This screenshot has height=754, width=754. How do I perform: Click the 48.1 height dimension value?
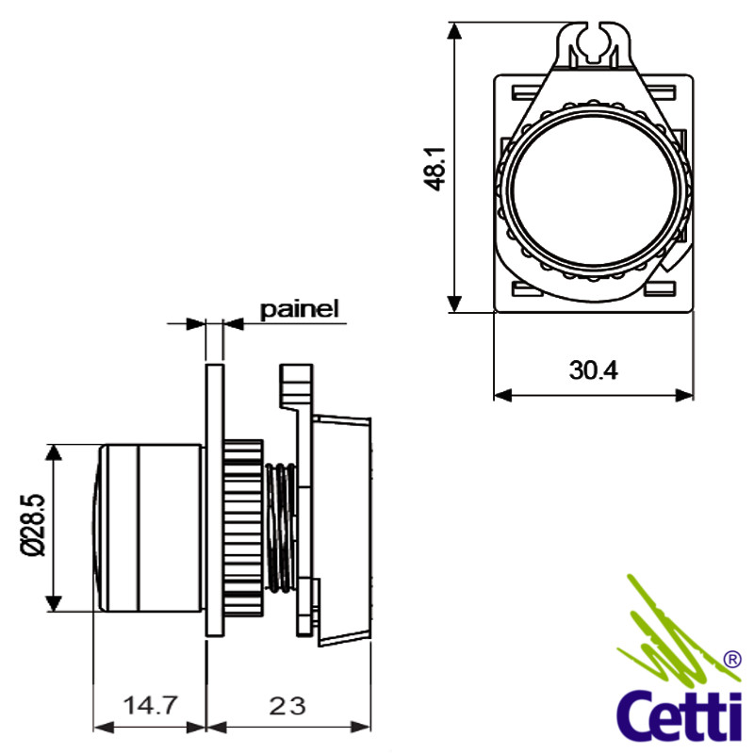tap(434, 170)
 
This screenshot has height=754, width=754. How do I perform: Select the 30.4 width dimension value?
tap(594, 370)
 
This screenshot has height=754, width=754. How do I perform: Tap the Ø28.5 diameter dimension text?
tap(33, 525)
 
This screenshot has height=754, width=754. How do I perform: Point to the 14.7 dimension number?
tap(151, 705)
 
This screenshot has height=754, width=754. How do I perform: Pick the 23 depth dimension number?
tap(287, 706)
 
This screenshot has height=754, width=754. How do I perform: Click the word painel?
tap(299, 309)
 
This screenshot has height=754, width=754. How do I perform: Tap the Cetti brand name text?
tap(680, 716)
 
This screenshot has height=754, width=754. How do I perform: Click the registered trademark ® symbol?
tap(732, 660)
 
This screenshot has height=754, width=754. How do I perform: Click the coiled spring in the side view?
tap(281, 528)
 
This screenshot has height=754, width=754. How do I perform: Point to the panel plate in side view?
tap(215, 500)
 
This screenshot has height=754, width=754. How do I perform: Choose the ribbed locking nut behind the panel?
tap(243, 528)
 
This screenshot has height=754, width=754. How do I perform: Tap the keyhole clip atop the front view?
tap(594, 44)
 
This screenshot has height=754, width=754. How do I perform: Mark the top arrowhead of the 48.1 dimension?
tap(454, 30)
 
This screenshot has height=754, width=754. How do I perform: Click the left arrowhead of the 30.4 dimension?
tap(502, 395)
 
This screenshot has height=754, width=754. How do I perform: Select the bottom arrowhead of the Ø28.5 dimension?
tap(54, 603)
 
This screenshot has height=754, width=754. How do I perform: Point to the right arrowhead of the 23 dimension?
tap(362, 727)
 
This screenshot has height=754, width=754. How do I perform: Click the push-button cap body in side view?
tap(149, 528)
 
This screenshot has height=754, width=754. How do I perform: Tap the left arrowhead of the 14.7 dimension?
tap(102, 727)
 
